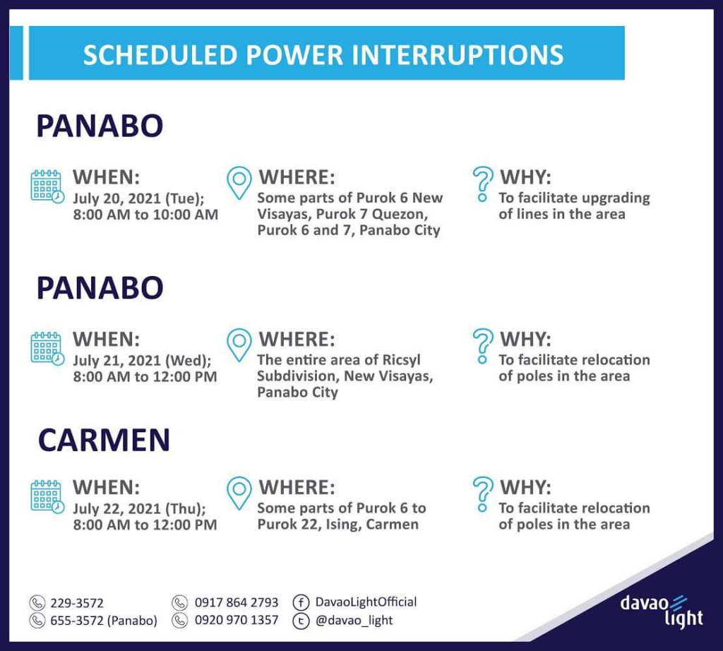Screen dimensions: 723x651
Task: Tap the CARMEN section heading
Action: coord(104,440)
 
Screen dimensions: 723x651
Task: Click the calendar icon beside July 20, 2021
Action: coord(47,186)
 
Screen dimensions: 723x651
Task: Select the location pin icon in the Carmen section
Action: coord(239,493)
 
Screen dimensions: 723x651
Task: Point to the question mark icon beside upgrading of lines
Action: coord(483,184)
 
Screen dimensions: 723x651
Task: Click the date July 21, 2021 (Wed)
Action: coord(142,360)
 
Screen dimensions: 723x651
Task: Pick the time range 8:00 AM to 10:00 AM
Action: coord(145,215)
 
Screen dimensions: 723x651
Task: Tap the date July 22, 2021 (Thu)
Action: coord(139,508)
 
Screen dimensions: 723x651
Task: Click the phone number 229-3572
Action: coord(77,602)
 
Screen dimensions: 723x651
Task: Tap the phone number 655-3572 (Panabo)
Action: coord(104,621)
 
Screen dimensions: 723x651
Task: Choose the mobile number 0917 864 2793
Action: coord(237,602)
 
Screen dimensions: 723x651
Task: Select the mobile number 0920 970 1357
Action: coord(237,620)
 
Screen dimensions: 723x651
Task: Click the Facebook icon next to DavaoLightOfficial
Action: coord(301,602)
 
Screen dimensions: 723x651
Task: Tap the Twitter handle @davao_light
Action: coord(354,620)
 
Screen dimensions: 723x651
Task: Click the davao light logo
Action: coord(662,611)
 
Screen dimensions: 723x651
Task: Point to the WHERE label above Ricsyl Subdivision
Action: coord(297,340)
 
